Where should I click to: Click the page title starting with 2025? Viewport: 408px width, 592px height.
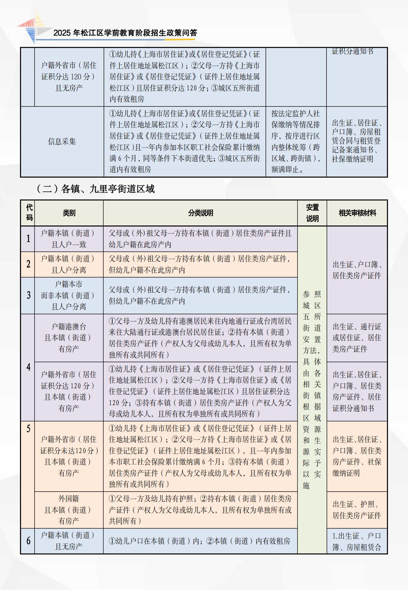[125, 33]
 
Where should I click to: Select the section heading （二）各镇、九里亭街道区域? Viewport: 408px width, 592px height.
[96, 189]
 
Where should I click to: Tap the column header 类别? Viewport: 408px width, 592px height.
[69, 213]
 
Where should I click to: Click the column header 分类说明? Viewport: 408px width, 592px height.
[200, 213]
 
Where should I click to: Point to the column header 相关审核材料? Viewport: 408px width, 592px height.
[357, 213]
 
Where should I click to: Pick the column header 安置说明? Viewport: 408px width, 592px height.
[312, 213]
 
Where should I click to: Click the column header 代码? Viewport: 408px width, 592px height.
[29, 213]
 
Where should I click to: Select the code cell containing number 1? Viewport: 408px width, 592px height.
[28, 239]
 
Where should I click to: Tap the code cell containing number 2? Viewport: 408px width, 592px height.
[28, 264]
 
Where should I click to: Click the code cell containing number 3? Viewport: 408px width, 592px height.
[28, 295]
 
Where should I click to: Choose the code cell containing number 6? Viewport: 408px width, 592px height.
[28, 541]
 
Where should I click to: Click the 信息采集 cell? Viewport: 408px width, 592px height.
[62, 141]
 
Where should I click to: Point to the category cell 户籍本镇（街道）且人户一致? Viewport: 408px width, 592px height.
[68, 239]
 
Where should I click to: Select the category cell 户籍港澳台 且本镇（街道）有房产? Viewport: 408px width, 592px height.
[68, 338]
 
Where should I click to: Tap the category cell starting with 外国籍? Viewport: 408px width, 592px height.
[68, 510]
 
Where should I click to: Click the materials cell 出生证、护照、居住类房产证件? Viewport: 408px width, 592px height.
[357, 510]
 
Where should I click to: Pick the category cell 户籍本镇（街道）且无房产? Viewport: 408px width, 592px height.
[68, 541]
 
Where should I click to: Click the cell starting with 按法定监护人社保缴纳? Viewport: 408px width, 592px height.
[295, 141]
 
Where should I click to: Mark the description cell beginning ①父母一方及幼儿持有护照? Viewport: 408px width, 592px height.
[200, 510]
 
